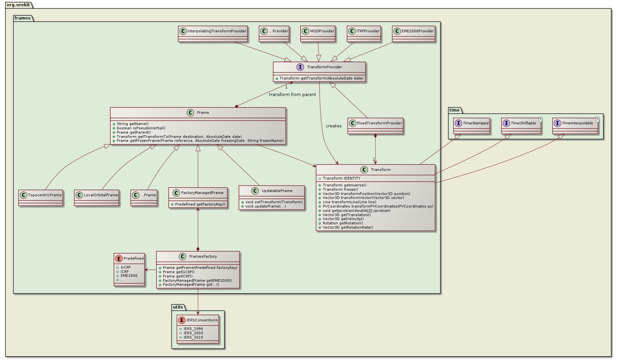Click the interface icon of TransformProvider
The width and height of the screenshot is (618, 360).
point(300,67)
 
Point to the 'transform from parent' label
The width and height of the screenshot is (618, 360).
point(292,95)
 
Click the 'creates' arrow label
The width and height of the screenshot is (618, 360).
point(333,126)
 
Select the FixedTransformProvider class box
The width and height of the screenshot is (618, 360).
point(375,126)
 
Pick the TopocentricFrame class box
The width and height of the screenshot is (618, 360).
point(41,197)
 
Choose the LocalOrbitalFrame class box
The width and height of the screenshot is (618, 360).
point(97,197)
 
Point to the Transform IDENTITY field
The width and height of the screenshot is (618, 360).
point(341,178)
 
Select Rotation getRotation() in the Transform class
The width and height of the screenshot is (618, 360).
point(343,223)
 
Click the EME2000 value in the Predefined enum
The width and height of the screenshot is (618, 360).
point(129,276)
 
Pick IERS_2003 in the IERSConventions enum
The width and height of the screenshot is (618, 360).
point(193,333)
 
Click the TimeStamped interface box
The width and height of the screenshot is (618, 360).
point(472,126)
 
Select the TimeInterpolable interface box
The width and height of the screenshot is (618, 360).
point(575,126)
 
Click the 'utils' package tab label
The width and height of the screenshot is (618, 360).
point(178,307)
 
